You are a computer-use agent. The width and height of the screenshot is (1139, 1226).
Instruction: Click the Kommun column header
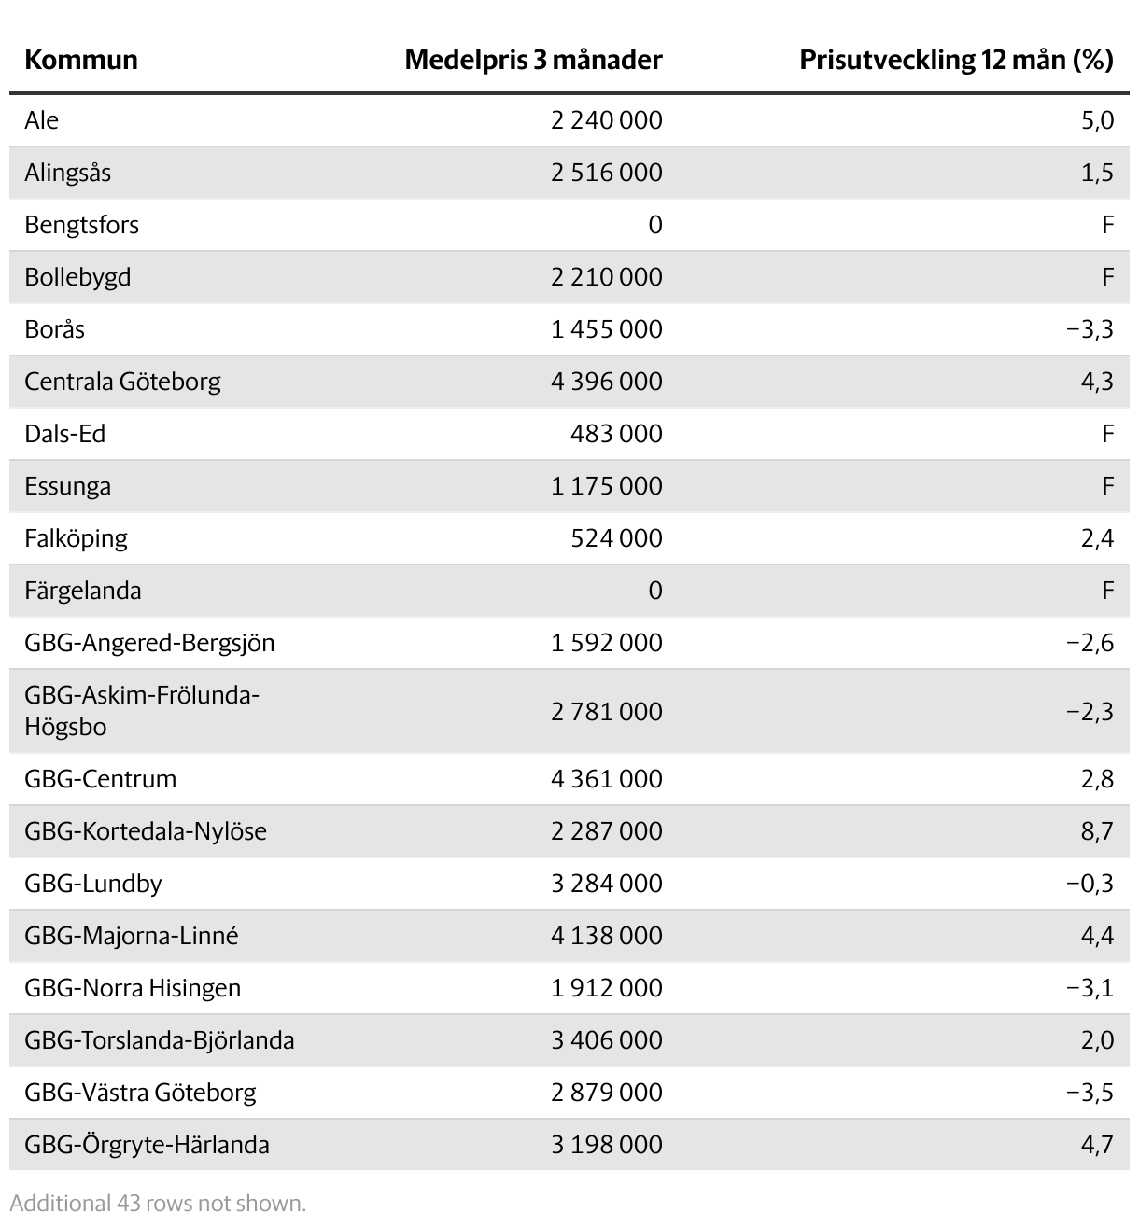point(81,61)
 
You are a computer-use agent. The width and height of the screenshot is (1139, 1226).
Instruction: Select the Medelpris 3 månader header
point(533,61)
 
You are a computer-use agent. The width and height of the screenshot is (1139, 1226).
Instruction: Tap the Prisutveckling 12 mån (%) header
point(956,61)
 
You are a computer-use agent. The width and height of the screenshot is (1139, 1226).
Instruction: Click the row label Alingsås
point(68,173)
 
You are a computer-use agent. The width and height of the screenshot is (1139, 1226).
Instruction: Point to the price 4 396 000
point(606,382)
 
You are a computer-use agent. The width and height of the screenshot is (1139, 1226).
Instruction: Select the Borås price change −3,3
point(1090,329)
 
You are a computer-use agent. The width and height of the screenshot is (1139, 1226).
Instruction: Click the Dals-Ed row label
point(65,434)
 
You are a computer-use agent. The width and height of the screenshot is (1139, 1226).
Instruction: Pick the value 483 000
point(616,434)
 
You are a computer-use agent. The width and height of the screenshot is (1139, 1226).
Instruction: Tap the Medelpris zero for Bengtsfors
point(654,225)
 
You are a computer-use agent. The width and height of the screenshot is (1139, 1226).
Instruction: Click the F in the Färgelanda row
point(1107,591)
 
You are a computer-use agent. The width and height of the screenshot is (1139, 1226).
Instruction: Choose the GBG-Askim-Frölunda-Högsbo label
point(142,711)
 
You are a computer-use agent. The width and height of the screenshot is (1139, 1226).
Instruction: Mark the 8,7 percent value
point(1097,831)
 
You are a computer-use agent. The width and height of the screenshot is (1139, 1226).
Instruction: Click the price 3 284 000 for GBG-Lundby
point(606,884)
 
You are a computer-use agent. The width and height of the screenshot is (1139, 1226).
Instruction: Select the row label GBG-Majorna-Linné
point(132,936)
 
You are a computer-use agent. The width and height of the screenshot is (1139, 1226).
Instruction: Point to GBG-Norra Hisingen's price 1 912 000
point(606,988)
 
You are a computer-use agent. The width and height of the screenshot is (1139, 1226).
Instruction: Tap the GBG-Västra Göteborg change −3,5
point(1090,1093)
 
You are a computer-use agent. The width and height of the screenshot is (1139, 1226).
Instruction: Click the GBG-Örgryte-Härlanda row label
point(147,1145)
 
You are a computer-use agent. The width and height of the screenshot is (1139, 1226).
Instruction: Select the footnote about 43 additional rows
point(158,1204)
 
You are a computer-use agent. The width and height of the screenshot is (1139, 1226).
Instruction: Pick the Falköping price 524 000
point(616,538)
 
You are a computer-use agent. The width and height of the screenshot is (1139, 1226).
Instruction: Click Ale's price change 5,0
point(1097,120)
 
